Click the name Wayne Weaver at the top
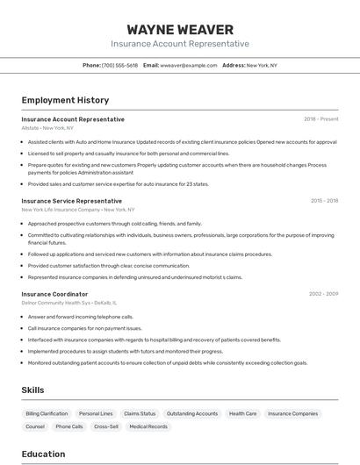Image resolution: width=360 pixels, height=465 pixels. pos(180,30)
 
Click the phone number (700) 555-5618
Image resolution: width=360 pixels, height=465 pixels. pos(119,65)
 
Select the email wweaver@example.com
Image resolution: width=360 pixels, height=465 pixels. pos(188,65)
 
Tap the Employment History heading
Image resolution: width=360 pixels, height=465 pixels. pos(65,100)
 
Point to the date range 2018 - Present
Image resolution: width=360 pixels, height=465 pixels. pos(320,119)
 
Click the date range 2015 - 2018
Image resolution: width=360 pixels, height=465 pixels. pos(324,201)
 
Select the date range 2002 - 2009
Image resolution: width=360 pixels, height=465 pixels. pos(323,294)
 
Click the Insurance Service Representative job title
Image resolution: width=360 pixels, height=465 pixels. pos(72,201)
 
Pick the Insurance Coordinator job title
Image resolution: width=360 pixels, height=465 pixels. pos(54,294)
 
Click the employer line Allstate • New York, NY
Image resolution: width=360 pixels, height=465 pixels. pos(47,128)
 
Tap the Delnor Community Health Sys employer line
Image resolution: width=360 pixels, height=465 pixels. pos(69,303)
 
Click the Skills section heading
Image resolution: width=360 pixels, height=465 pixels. pos(32,390)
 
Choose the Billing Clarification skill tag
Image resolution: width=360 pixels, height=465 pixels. pos(47,413)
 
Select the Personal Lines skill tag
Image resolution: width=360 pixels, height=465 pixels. pos(96,413)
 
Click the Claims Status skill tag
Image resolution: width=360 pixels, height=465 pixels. pos(140,413)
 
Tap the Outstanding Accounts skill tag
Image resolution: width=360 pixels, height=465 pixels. pos(192,413)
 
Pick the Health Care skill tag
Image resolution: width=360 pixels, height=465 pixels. pos(243,413)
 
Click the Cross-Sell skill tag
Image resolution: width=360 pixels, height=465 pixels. pos(106,426)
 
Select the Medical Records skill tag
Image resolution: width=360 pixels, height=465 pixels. pos(148,426)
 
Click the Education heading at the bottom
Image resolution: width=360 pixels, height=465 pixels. pos(43,454)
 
